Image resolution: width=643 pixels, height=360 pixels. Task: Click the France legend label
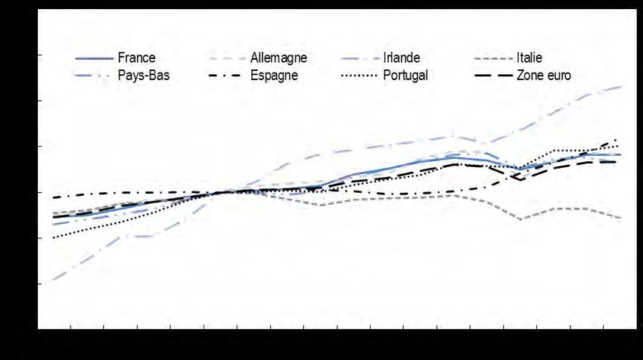[x=136, y=57]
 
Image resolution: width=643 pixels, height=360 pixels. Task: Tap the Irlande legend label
[x=402, y=57]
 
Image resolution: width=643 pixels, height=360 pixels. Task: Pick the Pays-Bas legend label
[x=144, y=75]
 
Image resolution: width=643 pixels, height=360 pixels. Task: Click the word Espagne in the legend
[x=274, y=75]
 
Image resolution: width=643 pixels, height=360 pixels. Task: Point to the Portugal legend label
[x=405, y=75]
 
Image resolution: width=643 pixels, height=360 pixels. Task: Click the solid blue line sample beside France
[x=94, y=58]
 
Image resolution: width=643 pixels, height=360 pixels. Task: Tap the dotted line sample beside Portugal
[x=359, y=76]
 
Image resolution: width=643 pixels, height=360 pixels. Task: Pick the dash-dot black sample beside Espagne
[x=226, y=76]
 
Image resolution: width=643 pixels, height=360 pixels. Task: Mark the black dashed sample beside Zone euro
[x=492, y=76]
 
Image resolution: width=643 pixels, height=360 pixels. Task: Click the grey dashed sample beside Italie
[x=492, y=58]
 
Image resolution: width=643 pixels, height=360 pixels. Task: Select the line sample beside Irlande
[x=359, y=58]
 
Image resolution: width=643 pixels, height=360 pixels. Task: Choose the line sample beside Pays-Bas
[x=94, y=76]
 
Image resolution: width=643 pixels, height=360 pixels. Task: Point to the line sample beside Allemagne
[x=226, y=58]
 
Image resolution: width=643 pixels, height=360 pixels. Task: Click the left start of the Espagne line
[x=53, y=198]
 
